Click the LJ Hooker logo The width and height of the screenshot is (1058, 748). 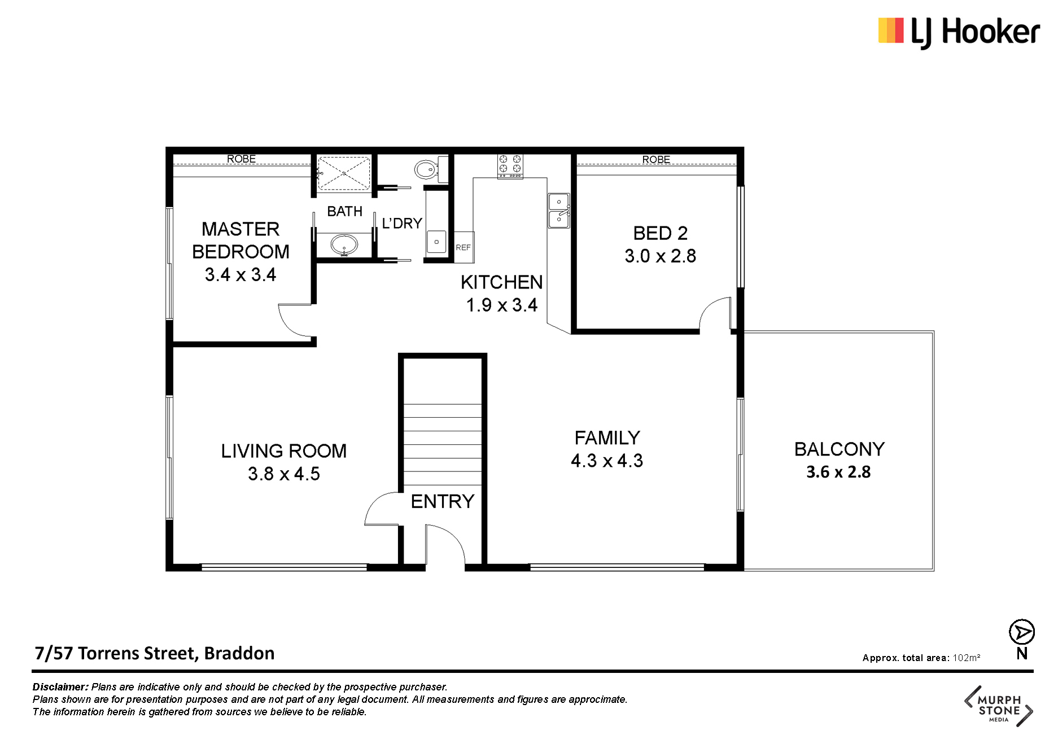959,32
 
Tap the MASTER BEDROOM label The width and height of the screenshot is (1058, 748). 241,240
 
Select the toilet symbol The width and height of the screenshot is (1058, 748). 428,169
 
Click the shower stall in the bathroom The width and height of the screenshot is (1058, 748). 343,173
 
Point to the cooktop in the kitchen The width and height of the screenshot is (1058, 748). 510,166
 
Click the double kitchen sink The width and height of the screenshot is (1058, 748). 559,211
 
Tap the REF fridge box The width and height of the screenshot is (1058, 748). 464,247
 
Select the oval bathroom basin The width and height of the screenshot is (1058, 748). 344,246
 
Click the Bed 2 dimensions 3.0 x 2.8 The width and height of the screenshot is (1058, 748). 660,256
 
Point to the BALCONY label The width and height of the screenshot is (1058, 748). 840,449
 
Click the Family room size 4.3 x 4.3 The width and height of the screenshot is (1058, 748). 607,461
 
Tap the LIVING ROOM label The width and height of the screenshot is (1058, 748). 284,451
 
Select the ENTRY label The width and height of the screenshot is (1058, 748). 443,501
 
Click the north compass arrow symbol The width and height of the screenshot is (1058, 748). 1022,632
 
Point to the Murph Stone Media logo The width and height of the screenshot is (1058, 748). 998,706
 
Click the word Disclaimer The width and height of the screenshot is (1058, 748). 60,687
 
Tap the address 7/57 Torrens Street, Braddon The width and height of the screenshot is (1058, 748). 155,653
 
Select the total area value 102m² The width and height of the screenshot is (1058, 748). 967,658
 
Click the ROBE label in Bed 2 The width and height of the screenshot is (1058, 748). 656,160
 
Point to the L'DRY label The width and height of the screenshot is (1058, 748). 402,224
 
